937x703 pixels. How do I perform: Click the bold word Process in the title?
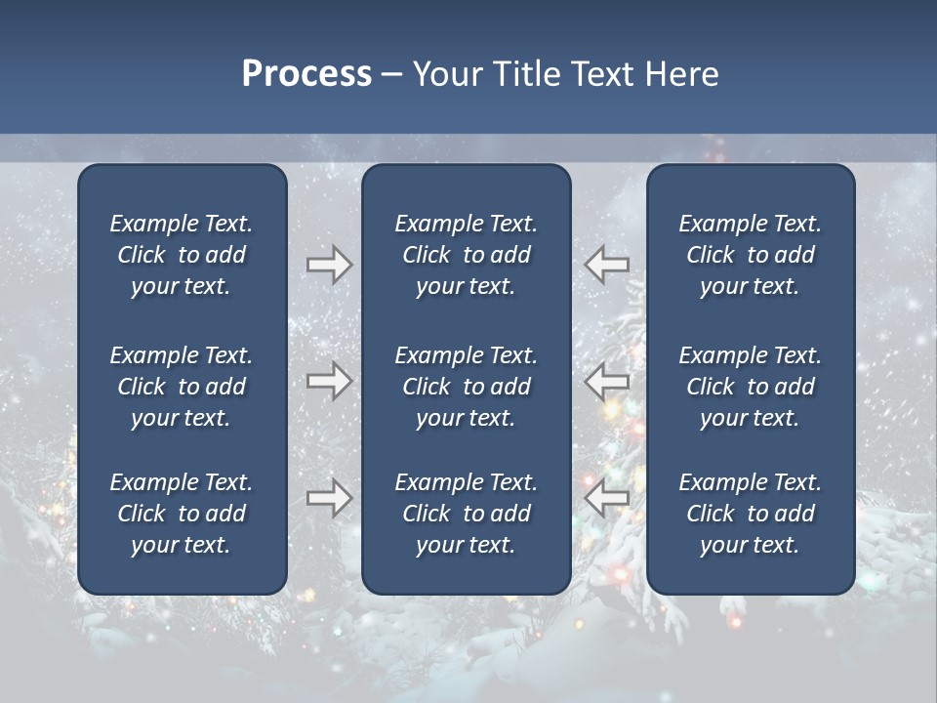pos(306,74)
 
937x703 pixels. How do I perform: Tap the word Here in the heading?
pos(682,74)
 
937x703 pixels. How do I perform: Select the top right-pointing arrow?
pos(329,265)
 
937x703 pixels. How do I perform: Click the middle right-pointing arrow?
pos(329,381)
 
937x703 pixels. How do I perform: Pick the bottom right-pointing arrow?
pos(329,498)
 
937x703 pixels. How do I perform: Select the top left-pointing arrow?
pos(607,265)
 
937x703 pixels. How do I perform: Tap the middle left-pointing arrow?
pos(607,381)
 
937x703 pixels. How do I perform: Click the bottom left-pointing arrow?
pos(607,498)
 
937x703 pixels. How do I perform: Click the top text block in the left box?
pos(182,255)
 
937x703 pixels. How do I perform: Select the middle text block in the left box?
pos(182,387)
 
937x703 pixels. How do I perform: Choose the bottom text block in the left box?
pos(182,514)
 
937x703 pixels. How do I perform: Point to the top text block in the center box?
pos(466,255)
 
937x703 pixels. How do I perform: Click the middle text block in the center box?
pos(466,387)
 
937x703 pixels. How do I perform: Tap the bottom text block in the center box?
pos(466,514)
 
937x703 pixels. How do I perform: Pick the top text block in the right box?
pos(750,255)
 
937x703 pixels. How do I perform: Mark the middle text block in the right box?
pos(750,387)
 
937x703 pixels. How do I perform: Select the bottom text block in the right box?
pos(750,514)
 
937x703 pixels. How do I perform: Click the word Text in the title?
pos(602,74)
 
